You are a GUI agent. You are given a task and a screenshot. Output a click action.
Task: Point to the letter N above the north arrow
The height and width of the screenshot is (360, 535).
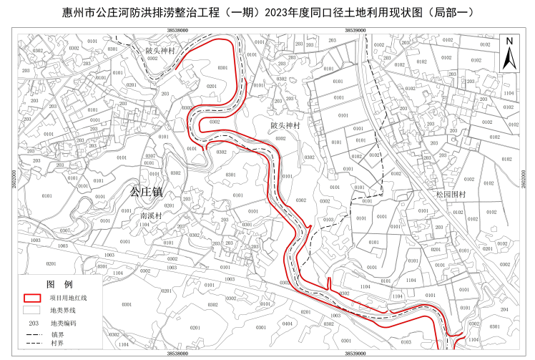click(x=509, y=41)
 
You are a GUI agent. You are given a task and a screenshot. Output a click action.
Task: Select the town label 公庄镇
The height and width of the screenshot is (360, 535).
click(x=146, y=192)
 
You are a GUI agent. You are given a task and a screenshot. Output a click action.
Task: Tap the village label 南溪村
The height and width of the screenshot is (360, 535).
click(x=151, y=215)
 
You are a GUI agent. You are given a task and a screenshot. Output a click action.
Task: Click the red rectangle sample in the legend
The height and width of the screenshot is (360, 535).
click(x=33, y=298)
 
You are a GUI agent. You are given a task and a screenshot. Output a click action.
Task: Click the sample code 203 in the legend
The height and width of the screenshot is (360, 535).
click(x=33, y=323)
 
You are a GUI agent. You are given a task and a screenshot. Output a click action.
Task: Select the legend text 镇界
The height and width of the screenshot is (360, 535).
click(x=57, y=334)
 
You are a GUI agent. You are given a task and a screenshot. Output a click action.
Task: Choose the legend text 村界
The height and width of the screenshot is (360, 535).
click(x=57, y=343)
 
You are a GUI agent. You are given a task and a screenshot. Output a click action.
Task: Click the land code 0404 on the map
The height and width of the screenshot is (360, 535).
click(x=288, y=323)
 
